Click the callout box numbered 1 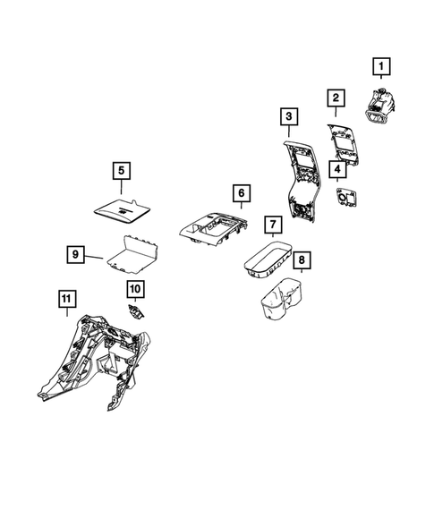pyautogui.click(x=382, y=66)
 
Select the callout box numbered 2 pyautogui.click(x=336, y=98)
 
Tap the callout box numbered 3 pyautogui.click(x=288, y=116)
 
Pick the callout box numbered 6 pyautogui.click(x=239, y=193)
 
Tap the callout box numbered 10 pyautogui.click(x=135, y=288)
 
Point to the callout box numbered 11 pyautogui.click(x=65, y=301)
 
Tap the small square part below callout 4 pyautogui.click(x=342, y=197)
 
